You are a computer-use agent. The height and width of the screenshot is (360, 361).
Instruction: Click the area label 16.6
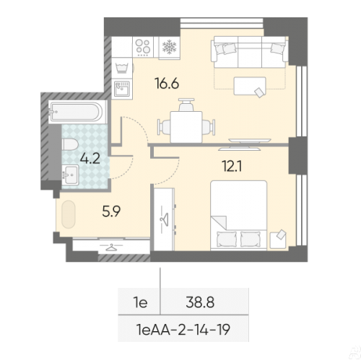coord(168,84)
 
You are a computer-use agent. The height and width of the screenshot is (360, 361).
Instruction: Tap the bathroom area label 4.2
coord(90,159)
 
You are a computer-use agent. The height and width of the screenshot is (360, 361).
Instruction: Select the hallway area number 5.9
coord(111,211)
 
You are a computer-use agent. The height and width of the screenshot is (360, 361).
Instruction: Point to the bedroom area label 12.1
coord(232,166)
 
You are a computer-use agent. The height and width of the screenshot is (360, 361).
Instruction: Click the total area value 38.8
coord(200,302)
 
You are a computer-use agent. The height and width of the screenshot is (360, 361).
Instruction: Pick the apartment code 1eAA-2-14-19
coord(183,329)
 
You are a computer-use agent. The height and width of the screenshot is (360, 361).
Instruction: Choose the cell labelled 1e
coord(140,302)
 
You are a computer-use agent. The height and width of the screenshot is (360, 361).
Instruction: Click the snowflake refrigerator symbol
coord(170,47)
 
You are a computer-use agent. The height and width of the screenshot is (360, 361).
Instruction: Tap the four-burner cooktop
coord(143,47)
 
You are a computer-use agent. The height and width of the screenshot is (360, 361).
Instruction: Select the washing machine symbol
coord(122,68)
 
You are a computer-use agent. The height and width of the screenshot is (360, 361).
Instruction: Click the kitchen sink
coord(122,89)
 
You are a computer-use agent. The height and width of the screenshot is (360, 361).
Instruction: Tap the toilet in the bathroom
coord(70,144)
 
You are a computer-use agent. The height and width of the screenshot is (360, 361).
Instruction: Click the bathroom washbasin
coord(70,175)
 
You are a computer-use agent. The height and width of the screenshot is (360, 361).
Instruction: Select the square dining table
coord(186,127)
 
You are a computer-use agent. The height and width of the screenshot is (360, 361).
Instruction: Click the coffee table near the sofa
coord(250,86)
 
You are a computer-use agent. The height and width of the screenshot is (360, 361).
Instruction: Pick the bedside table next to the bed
coord(278,240)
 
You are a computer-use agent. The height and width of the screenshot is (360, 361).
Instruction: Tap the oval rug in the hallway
coord(69,214)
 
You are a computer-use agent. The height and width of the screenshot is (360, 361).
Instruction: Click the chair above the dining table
coord(186,105)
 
